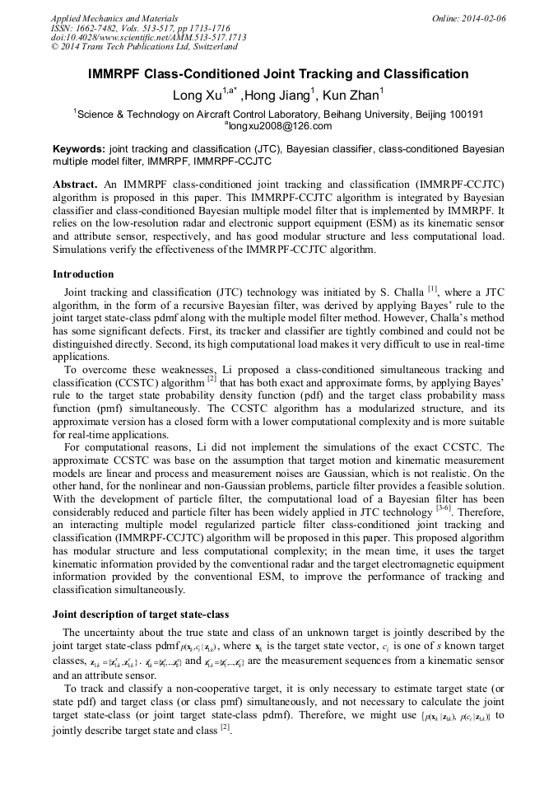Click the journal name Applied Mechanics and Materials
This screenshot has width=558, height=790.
(114, 18)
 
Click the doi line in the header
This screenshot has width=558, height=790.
(148, 38)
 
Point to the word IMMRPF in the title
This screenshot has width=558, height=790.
(117, 74)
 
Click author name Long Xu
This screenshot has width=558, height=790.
(191, 96)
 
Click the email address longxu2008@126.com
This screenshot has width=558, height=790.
(280, 126)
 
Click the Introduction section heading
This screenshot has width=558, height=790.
(83, 274)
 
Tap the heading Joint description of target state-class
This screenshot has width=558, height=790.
(141, 615)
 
